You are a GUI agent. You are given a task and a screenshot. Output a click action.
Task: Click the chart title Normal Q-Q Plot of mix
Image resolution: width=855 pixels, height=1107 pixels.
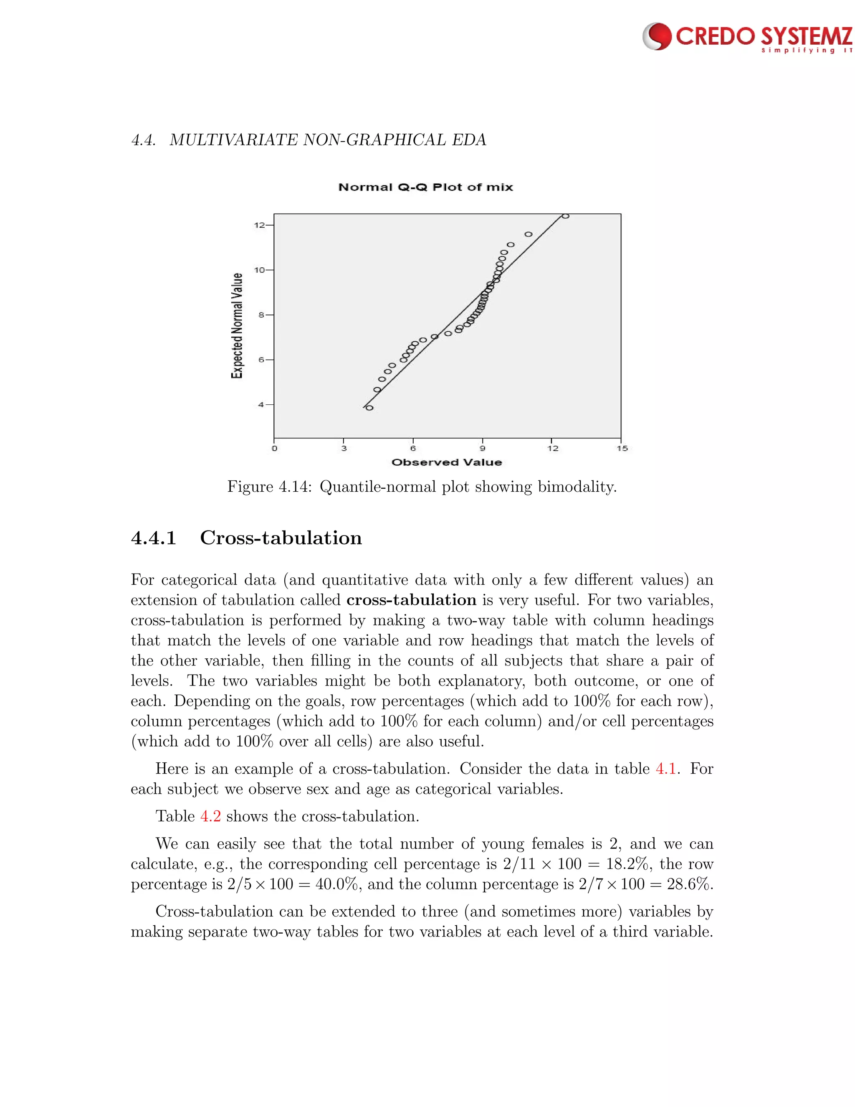pyautogui.click(x=425, y=188)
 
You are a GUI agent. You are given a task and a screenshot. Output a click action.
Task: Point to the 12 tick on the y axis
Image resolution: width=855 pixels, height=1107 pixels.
pyautogui.click(x=259, y=225)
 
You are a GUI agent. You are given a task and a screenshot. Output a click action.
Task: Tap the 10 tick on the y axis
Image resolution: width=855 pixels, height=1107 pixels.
pyautogui.click(x=259, y=270)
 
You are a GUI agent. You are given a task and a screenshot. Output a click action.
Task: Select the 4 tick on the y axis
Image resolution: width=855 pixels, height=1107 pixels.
pyautogui.click(x=261, y=404)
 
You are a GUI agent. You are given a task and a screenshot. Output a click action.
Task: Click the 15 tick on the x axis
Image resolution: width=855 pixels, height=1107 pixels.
pyautogui.click(x=622, y=448)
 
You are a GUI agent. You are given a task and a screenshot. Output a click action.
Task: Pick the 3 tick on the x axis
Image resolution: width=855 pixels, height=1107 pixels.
pyautogui.click(x=344, y=448)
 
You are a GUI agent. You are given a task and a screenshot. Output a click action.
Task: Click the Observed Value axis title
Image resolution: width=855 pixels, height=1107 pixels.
pyautogui.click(x=447, y=462)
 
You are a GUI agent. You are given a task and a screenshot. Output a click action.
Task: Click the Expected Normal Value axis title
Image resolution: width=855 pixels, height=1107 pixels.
pyautogui.click(x=237, y=325)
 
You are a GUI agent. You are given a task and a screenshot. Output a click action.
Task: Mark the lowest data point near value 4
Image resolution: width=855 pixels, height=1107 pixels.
pyautogui.click(x=369, y=408)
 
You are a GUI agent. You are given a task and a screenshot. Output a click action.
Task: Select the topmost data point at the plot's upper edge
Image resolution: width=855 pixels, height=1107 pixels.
pyautogui.click(x=565, y=216)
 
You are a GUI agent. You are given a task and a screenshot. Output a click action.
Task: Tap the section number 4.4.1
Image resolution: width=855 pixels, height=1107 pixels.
pyautogui.click(x=154, y=538)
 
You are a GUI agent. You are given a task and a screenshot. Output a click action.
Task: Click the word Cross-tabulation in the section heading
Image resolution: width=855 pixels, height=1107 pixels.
pyautogui.click(x=281, y=538)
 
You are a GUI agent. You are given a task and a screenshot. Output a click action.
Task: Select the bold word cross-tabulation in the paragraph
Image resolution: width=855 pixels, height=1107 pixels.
pyautogui.click(x=411, y=600)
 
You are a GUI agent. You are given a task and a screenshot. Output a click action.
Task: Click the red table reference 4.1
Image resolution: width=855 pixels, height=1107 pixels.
pyautogui.click(x=666, y=769)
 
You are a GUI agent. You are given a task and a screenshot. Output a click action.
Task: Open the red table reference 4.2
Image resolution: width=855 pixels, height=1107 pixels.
pyautogui.click(x=211, y=817)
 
